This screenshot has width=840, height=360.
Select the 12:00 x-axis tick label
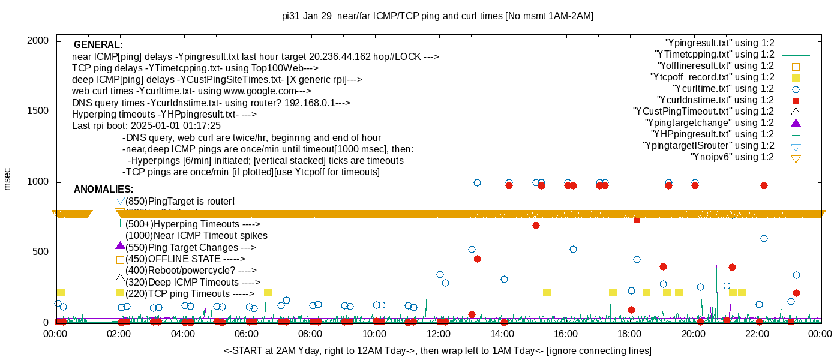438,334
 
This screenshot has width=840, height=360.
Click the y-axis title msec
8,179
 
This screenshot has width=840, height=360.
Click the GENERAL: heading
98,45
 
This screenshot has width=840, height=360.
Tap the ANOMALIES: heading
104,190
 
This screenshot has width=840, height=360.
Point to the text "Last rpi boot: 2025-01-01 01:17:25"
146,126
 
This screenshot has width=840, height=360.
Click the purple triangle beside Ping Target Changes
120,246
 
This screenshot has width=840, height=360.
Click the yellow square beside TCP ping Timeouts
120,293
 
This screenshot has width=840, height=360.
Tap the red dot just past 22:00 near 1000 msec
764,185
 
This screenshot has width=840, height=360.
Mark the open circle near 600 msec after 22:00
764,238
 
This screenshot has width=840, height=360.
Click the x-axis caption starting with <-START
437,350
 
